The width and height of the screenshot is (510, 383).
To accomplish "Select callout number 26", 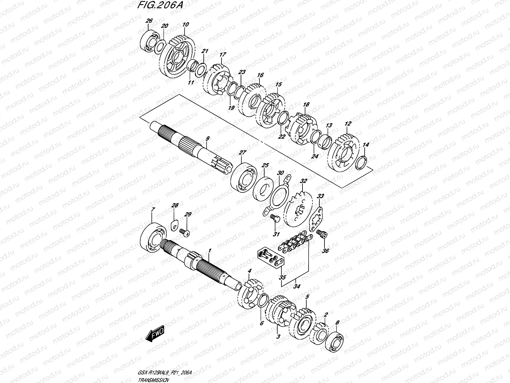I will tap(149, 21).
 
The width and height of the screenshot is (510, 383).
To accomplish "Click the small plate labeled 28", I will tap(173, 225).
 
